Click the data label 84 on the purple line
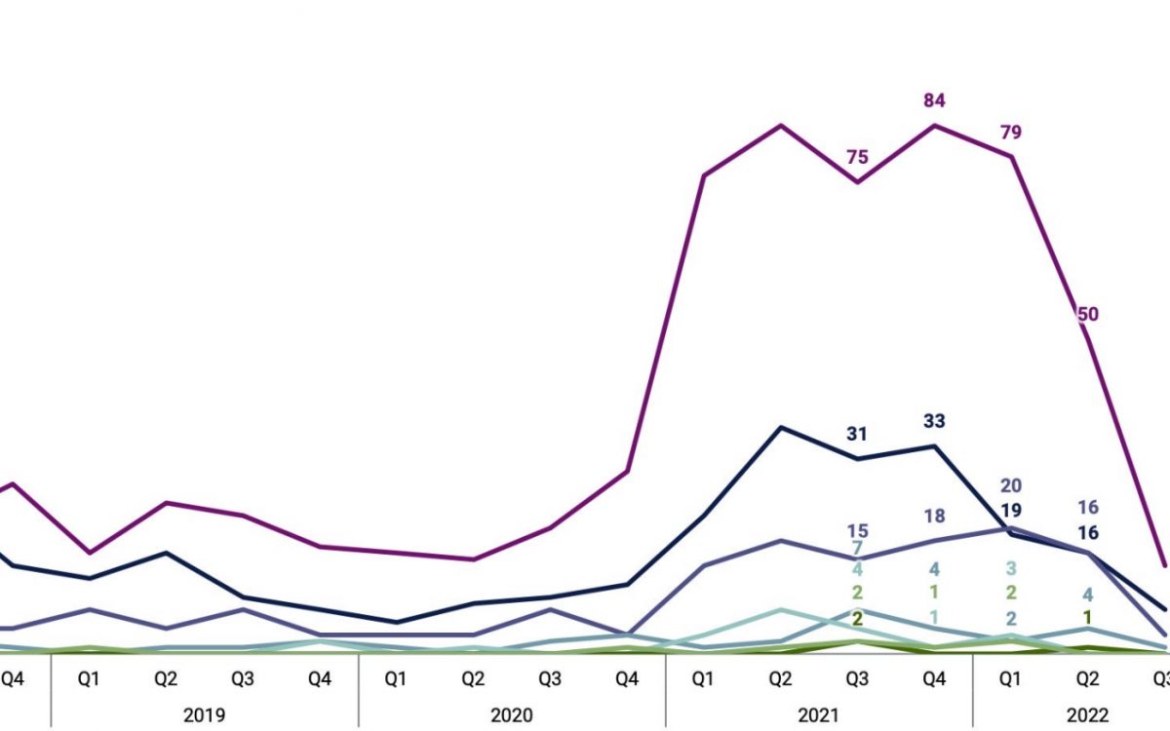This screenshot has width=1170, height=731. click(x=935, y=100)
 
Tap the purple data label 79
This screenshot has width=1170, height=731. click(x=1011, y=133)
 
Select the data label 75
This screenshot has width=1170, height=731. click(x=857, y=158)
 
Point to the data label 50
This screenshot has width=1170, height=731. click(x=1088, y=314)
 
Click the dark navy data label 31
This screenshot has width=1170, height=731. click(x=857, y=434)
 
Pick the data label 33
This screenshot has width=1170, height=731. click(x=935, y=421)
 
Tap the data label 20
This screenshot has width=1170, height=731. click(x=1011, y=486)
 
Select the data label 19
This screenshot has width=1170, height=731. click(x=1011, y=510)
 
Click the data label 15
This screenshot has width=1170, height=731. click(x=857, y=531)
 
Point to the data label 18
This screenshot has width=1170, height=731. click(x=935, y=517)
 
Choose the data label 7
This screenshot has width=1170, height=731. click(x=857, y=549)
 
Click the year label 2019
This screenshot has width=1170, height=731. click(x=204, y=714)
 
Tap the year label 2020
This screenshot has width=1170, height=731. click(x=511, y=714)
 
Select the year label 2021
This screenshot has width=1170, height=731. click(x=819, y=714)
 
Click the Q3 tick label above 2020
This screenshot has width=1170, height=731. click(x=550, y=677)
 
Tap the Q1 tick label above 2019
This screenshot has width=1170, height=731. click(x=89, y=677)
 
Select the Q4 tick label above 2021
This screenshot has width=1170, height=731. click(x=934, y=677)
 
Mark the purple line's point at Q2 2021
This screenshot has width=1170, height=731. click(x=780, y=126)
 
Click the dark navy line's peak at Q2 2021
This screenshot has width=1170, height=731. click(x=780, y=428)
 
